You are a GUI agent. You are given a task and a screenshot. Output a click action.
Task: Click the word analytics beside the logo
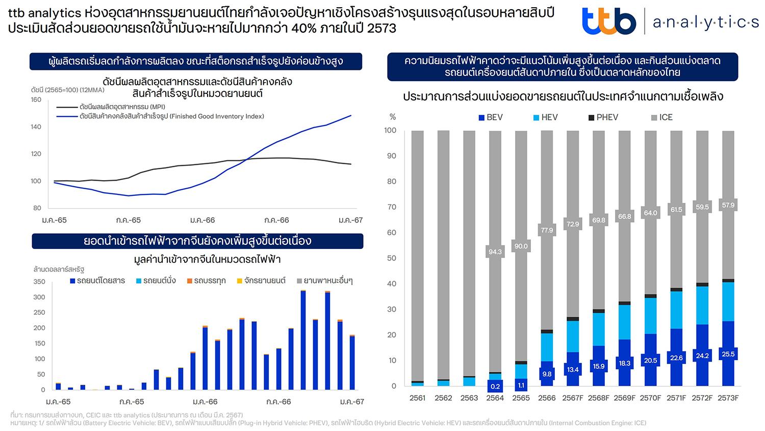(705, 22)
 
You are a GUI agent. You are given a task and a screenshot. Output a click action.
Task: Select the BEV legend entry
(490, 117)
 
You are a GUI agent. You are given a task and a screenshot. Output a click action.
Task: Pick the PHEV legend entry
(603, 117)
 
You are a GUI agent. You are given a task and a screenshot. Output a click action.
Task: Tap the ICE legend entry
(661, 117)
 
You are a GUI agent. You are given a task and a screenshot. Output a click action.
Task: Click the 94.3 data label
(495, 251)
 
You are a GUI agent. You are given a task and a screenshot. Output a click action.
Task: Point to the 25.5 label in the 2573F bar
(728, 354)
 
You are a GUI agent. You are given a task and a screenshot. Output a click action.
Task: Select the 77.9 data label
(547, 230)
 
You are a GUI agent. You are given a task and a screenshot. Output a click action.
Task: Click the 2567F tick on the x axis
(573, 398)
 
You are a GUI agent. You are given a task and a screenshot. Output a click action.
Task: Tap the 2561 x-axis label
(417, 398)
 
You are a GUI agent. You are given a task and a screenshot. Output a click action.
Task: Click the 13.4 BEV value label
(573, 369)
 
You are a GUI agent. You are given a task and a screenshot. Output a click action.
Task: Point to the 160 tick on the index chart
(36, 99)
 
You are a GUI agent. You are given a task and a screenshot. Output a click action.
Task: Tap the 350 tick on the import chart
(39, 282)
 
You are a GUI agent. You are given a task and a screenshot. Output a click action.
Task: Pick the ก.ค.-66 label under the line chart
(276, 220)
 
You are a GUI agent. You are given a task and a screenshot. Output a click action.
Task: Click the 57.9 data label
(728, 205)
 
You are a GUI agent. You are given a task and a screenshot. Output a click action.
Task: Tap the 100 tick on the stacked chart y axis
(390, 131)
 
